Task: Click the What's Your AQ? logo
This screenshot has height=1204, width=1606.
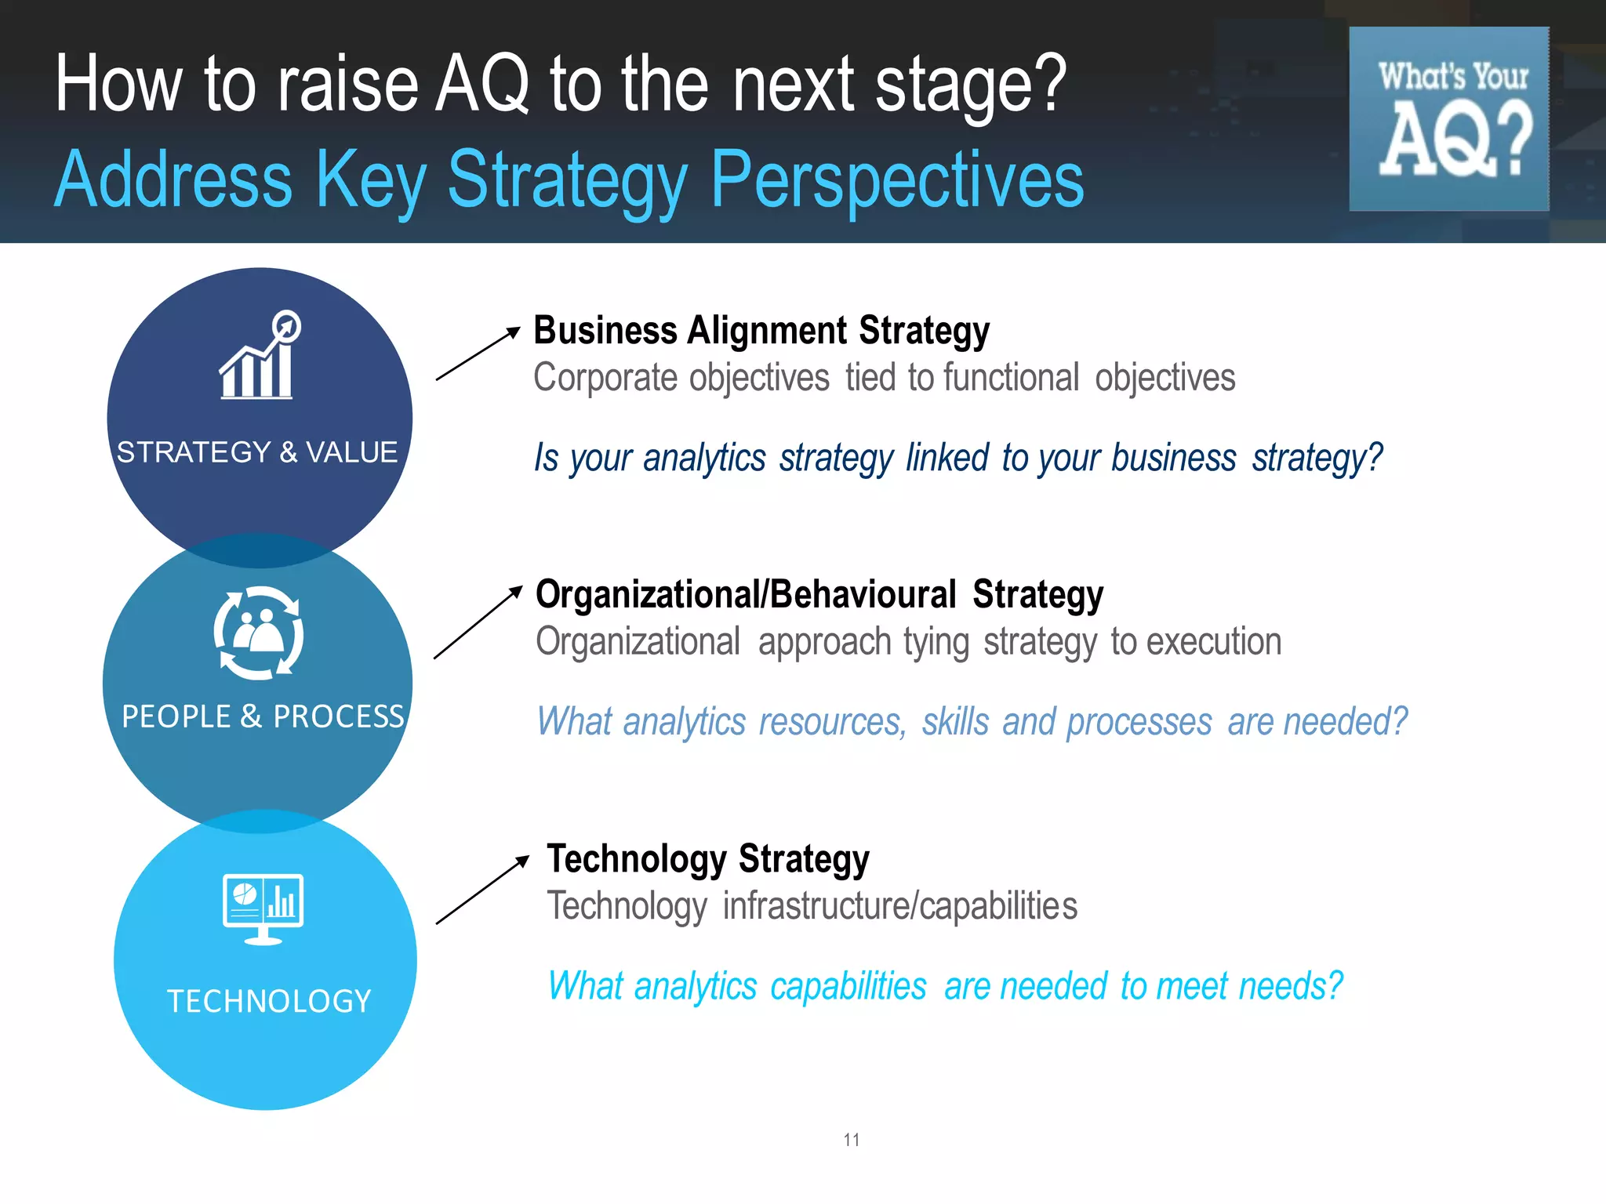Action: [x=1448, y=119]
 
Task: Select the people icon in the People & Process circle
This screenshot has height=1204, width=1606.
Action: [x=259, y=633]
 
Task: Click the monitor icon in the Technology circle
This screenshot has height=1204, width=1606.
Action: [x=263, y=908]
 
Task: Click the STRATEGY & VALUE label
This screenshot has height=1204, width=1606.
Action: [x=257, y=452]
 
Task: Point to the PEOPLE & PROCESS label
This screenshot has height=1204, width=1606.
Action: [x=263, y=716]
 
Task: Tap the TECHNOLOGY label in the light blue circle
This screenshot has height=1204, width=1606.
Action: [x=269, y=1001]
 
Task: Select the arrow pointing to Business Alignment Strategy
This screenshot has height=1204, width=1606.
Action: [x=478, y=354]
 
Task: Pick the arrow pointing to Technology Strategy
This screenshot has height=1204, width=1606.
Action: [x=482, y=890]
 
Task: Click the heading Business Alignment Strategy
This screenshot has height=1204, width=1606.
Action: [x=761, y=331]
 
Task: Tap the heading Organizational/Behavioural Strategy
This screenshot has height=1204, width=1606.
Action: [x=819, y=595]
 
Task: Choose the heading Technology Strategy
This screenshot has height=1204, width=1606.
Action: [x=708, y=859]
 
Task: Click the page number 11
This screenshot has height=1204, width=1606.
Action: [x=852, y=1140]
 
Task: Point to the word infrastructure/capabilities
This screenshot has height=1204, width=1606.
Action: [x=900, y=906]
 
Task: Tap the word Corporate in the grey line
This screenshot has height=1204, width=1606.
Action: [x=602, y=378]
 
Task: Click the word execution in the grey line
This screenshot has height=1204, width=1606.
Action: [x=1214, y=642]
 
